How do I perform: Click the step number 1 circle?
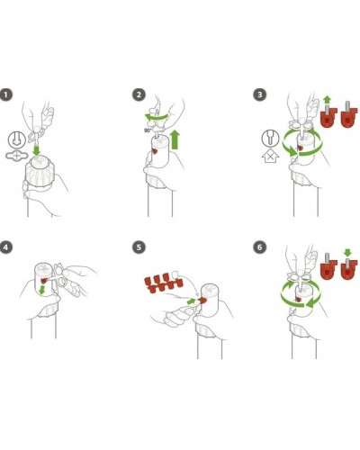pos(6,94)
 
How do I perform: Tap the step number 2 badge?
pos(139,94)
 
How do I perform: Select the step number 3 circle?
pos(260,94)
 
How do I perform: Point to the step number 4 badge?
pos(6,247)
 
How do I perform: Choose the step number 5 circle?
pos(139,247)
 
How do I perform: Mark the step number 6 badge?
pos(260,247)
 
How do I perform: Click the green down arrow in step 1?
pos(37,149)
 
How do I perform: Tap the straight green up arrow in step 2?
pos(175,139)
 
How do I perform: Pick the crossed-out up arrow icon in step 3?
pos(271,156)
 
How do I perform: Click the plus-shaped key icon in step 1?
pos(17,156)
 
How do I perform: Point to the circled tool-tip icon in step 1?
pos(16,139)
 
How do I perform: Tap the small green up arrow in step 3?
pos(328,99)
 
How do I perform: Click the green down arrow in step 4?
pos(43,290)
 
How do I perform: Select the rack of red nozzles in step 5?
pos(164,283)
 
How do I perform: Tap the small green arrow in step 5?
pos(191,301)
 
